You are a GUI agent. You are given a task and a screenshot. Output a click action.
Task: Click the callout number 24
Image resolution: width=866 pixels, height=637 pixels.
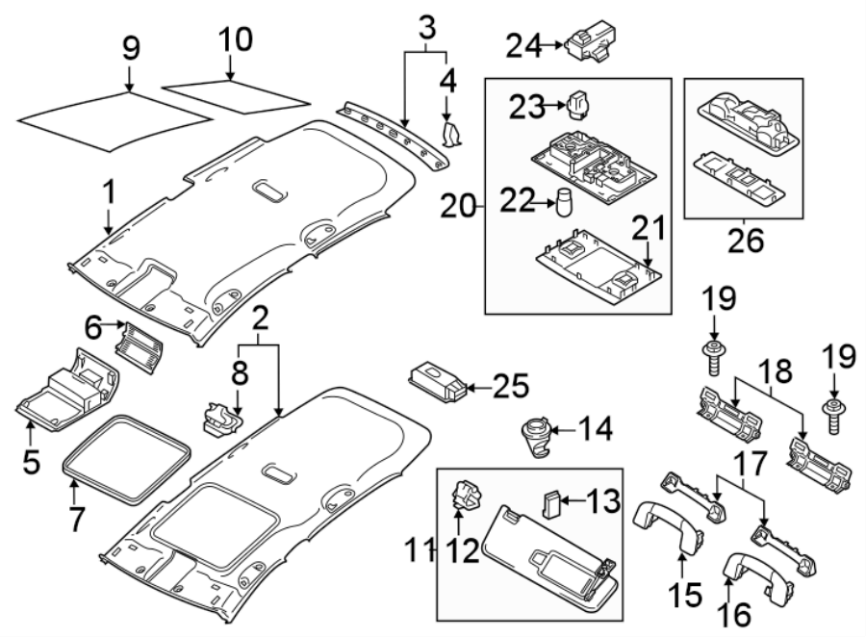[524, 43]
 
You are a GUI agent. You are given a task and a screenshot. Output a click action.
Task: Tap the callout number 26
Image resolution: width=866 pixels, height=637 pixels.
[743, 240]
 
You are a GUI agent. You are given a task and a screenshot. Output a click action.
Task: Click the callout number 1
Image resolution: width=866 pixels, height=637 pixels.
[109, 194]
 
